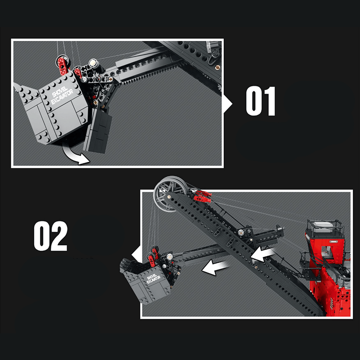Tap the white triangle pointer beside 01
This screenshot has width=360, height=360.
pyautogui.click(x=228, y=104)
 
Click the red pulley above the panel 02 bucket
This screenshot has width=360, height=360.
pyautogui.click(x=155, y=251)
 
